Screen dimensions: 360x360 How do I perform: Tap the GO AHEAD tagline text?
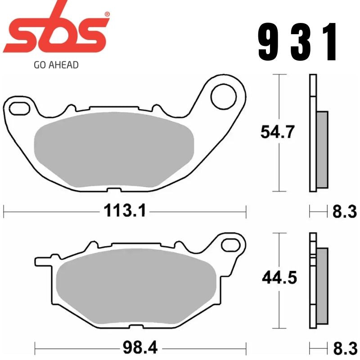tap(56, 65)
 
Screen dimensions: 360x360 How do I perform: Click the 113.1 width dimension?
tap(125, 210)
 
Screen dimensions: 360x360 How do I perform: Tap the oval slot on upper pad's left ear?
tap(18, 108)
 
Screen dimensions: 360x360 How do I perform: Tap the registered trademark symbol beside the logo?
tap(107, 14)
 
